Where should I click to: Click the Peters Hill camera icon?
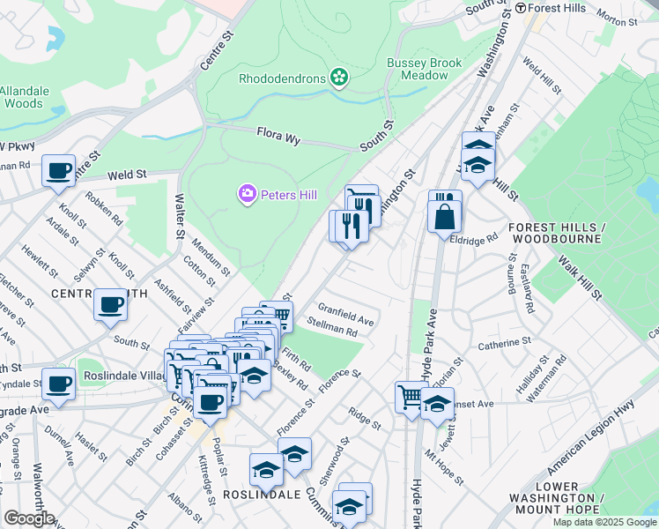(x=247, y=192)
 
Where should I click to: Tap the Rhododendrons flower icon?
(x=337, y=78)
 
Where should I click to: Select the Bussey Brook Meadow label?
(x=418, y=69)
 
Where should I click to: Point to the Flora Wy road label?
(x=279, y=134)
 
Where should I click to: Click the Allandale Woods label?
(x=25, y=97)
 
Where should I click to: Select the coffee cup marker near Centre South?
(x=111, y=304)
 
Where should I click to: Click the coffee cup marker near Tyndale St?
(x=59, y=384)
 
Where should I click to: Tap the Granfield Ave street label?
(x=346, y=314)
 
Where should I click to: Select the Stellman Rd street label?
(x=331, y=327)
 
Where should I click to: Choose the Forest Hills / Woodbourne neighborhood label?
(x=554, y=232)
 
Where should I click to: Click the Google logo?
(x=28, y=518)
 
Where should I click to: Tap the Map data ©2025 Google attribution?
(x=603, y=522)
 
